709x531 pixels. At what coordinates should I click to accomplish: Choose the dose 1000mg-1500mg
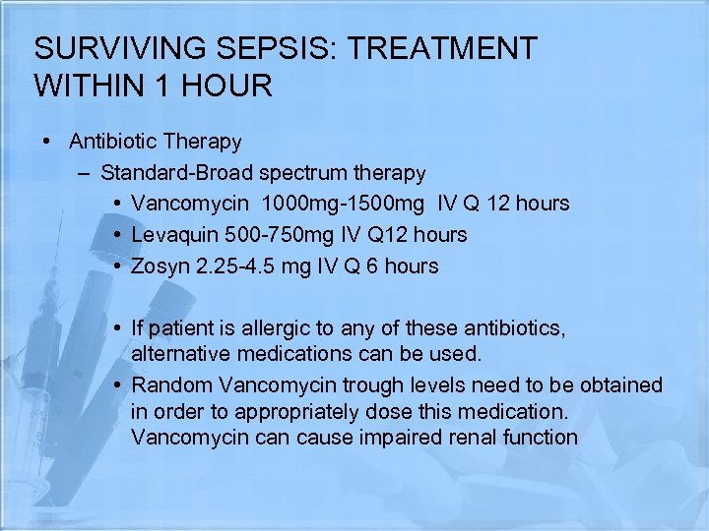[341, 204]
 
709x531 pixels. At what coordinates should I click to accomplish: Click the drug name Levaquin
[173, 235]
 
